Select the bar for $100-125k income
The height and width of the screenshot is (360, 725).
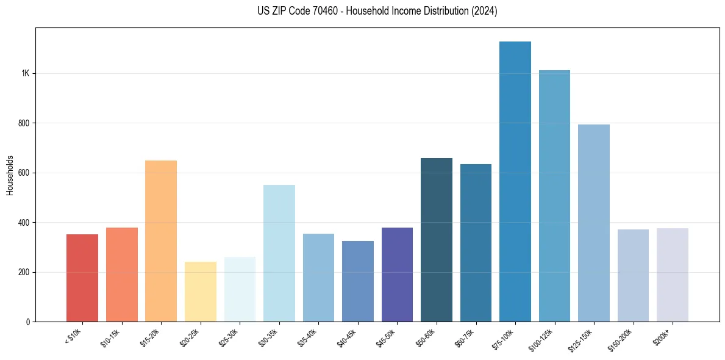pyautogui.click(x=554, y=196)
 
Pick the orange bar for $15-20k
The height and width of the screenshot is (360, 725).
pyautogui.click(x=161, y=241)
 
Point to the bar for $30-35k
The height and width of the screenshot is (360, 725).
pyautogui.click(x=279, y=253)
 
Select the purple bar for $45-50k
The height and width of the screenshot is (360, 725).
pyautogui.click(x=397, y=275)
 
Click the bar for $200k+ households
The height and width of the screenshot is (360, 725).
pyautogui.click(x=672, y=275)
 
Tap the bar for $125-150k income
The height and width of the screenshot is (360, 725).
pyautogui.click(x=593, y=223)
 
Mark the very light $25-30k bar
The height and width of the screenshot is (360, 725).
pyautogui.click(x=240, y=289)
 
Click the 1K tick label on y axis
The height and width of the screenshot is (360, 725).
pyautogui.click(x=25, y=73)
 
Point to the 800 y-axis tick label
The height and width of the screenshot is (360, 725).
pyautogui.click(x=24, y=123)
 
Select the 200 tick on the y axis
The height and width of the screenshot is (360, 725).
pyautogui.click(x=24, y=272)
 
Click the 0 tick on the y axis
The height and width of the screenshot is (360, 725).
pyautogui.click(x=28, y=322)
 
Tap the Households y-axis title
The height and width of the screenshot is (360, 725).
pyautogui.click(x=10, y=175)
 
